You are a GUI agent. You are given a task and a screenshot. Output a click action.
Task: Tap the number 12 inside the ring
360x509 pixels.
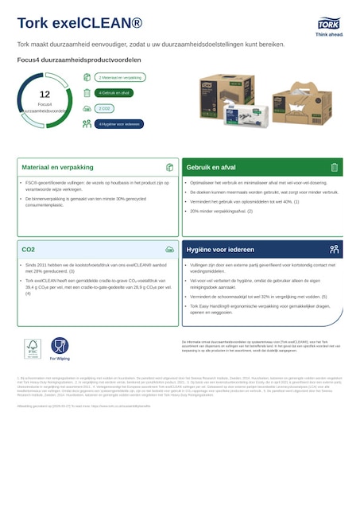pos(45,94)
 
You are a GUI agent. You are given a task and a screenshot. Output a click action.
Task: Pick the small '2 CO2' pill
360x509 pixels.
pos(104,108)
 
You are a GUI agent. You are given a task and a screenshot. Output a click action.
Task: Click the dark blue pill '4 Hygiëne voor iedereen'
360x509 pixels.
pos(119,124)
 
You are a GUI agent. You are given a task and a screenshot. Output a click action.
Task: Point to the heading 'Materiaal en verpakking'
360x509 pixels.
pos(57,168)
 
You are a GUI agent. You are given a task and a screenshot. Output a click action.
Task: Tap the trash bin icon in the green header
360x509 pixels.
pos(334,168)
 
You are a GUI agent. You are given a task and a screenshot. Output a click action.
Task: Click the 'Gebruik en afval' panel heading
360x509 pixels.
pos(211,168)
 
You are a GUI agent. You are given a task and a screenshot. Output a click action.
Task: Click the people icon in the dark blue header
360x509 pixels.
pos(334,250)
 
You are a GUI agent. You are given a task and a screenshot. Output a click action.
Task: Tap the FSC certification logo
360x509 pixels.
pos(32,348)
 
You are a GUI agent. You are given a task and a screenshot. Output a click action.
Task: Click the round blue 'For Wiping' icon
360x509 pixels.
pos(60,345)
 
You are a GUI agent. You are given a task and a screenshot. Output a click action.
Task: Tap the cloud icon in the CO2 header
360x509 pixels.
pos(169,250)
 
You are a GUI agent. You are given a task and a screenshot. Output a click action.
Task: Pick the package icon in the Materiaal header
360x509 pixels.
pos(169,168)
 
